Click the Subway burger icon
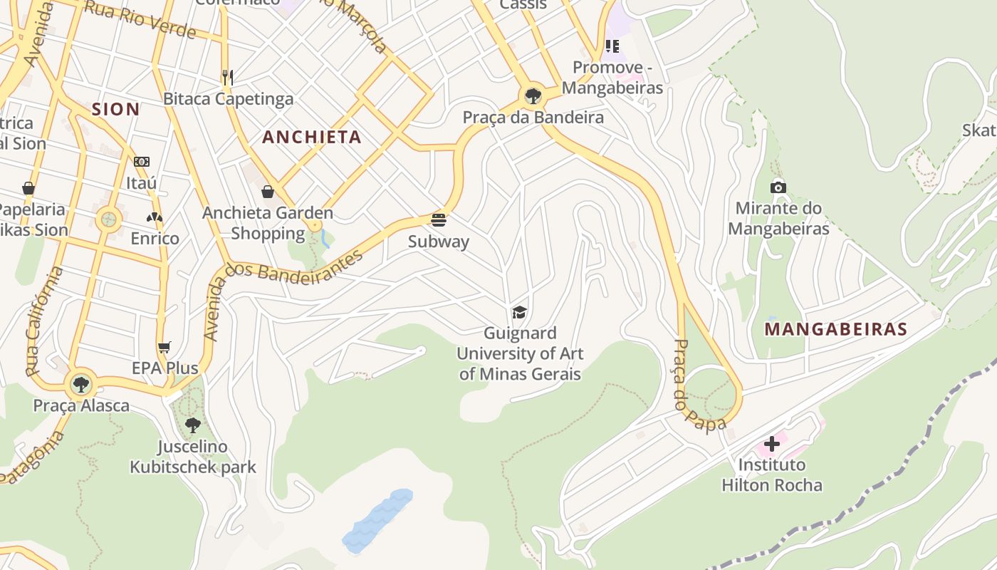tap(439, 219)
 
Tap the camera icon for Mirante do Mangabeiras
tap(778, 187)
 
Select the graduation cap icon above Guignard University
tap(520, 312)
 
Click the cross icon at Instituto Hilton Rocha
tap(771, 444)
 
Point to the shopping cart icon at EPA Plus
tap(165, 347)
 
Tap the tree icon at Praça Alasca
tap(81, 385)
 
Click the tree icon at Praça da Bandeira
tap(533, 95)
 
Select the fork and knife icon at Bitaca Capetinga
tap(228, 77)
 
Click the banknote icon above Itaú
tap(142, 162)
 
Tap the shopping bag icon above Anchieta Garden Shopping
tap(268, 192)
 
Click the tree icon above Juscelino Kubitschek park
tap(192, 425)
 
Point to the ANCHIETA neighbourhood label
tap(312, 138)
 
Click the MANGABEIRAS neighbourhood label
tap(835, 329)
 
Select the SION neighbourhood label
tap(115, 109)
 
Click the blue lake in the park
tap(377, 521)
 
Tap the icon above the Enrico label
tap(155, 217)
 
